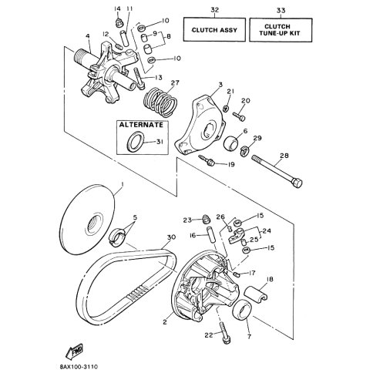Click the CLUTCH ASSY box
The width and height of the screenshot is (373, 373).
coord(214,29)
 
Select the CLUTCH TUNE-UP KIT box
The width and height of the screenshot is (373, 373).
coord(281,30)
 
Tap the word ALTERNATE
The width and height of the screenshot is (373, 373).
coord(141,125)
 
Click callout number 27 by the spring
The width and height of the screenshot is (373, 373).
coord(175,83)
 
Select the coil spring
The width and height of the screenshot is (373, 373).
coord(160,102)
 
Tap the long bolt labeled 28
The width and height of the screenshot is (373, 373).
coord(277,170)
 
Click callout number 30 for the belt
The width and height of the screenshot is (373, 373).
coord(171,237)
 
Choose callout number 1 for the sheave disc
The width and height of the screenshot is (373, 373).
coord(123,185)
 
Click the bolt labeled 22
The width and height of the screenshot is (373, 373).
coord(225,333)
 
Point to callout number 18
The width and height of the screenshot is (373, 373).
coord(270,279)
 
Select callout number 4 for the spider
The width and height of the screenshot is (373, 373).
coord(88,36)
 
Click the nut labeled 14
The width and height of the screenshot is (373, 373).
coord(118,22)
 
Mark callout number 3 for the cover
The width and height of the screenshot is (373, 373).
coord(220,85)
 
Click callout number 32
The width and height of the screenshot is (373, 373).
coord(215,10)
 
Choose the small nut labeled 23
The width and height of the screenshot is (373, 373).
coord(206,219)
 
